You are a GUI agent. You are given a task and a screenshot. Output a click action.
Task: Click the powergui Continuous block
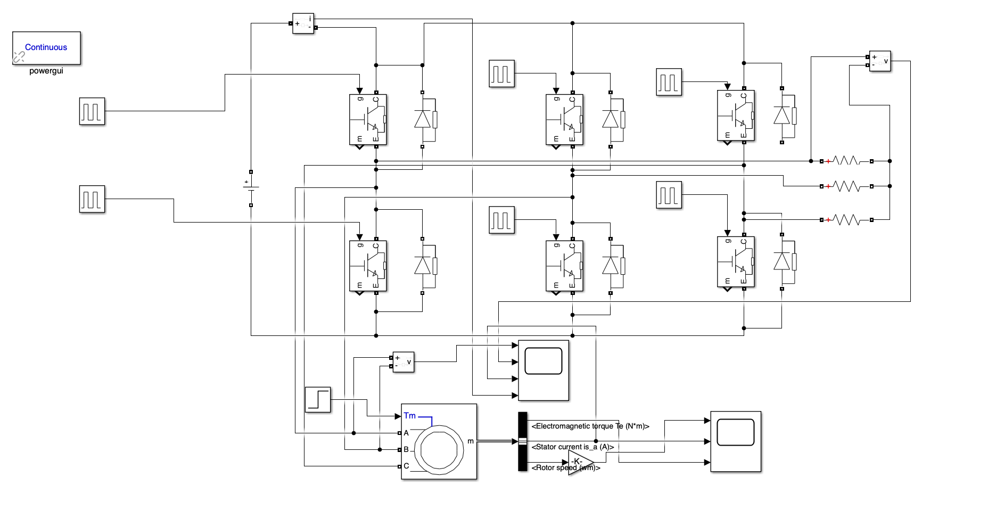(x=46, y=48)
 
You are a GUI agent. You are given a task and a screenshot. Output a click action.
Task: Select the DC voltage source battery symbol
(x=251, y=188)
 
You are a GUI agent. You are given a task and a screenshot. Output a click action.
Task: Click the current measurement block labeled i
(x=303, y=23)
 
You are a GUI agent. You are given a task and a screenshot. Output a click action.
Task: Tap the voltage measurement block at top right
(x=879, y=61)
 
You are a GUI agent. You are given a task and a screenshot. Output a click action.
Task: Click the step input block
(x=318, y=400)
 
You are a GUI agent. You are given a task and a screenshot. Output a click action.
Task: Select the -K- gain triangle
(x=579, y=461)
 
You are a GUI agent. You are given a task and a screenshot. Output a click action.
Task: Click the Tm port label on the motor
(x=409, y=416)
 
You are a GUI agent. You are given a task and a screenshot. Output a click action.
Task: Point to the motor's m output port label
(x=470, y=441)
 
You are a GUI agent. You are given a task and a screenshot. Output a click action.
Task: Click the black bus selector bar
(x=522, y=441)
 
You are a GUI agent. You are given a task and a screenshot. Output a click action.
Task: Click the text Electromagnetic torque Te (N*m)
(x=590, y=426)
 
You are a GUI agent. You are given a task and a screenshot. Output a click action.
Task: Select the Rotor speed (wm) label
(x=565, y=468)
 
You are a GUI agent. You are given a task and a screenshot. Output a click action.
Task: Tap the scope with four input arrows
(x=544, y=370)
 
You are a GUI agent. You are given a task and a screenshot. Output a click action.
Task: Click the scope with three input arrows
(x=736, y=441)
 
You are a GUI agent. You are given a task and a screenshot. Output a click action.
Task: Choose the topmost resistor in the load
(x=846, y=161)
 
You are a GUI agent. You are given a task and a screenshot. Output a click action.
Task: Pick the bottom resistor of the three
(x=846, y=219)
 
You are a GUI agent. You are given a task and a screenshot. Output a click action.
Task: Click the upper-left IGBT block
(x=368, y=119)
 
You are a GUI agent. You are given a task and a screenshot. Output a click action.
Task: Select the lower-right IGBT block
(x=736, y=262)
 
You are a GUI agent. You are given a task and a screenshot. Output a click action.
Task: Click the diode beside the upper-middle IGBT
(x=611, y=119)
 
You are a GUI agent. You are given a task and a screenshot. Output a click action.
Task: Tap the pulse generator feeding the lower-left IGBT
(x=92, y=199)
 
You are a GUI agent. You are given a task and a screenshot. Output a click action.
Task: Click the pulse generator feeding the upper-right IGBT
(x=669, y=82)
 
